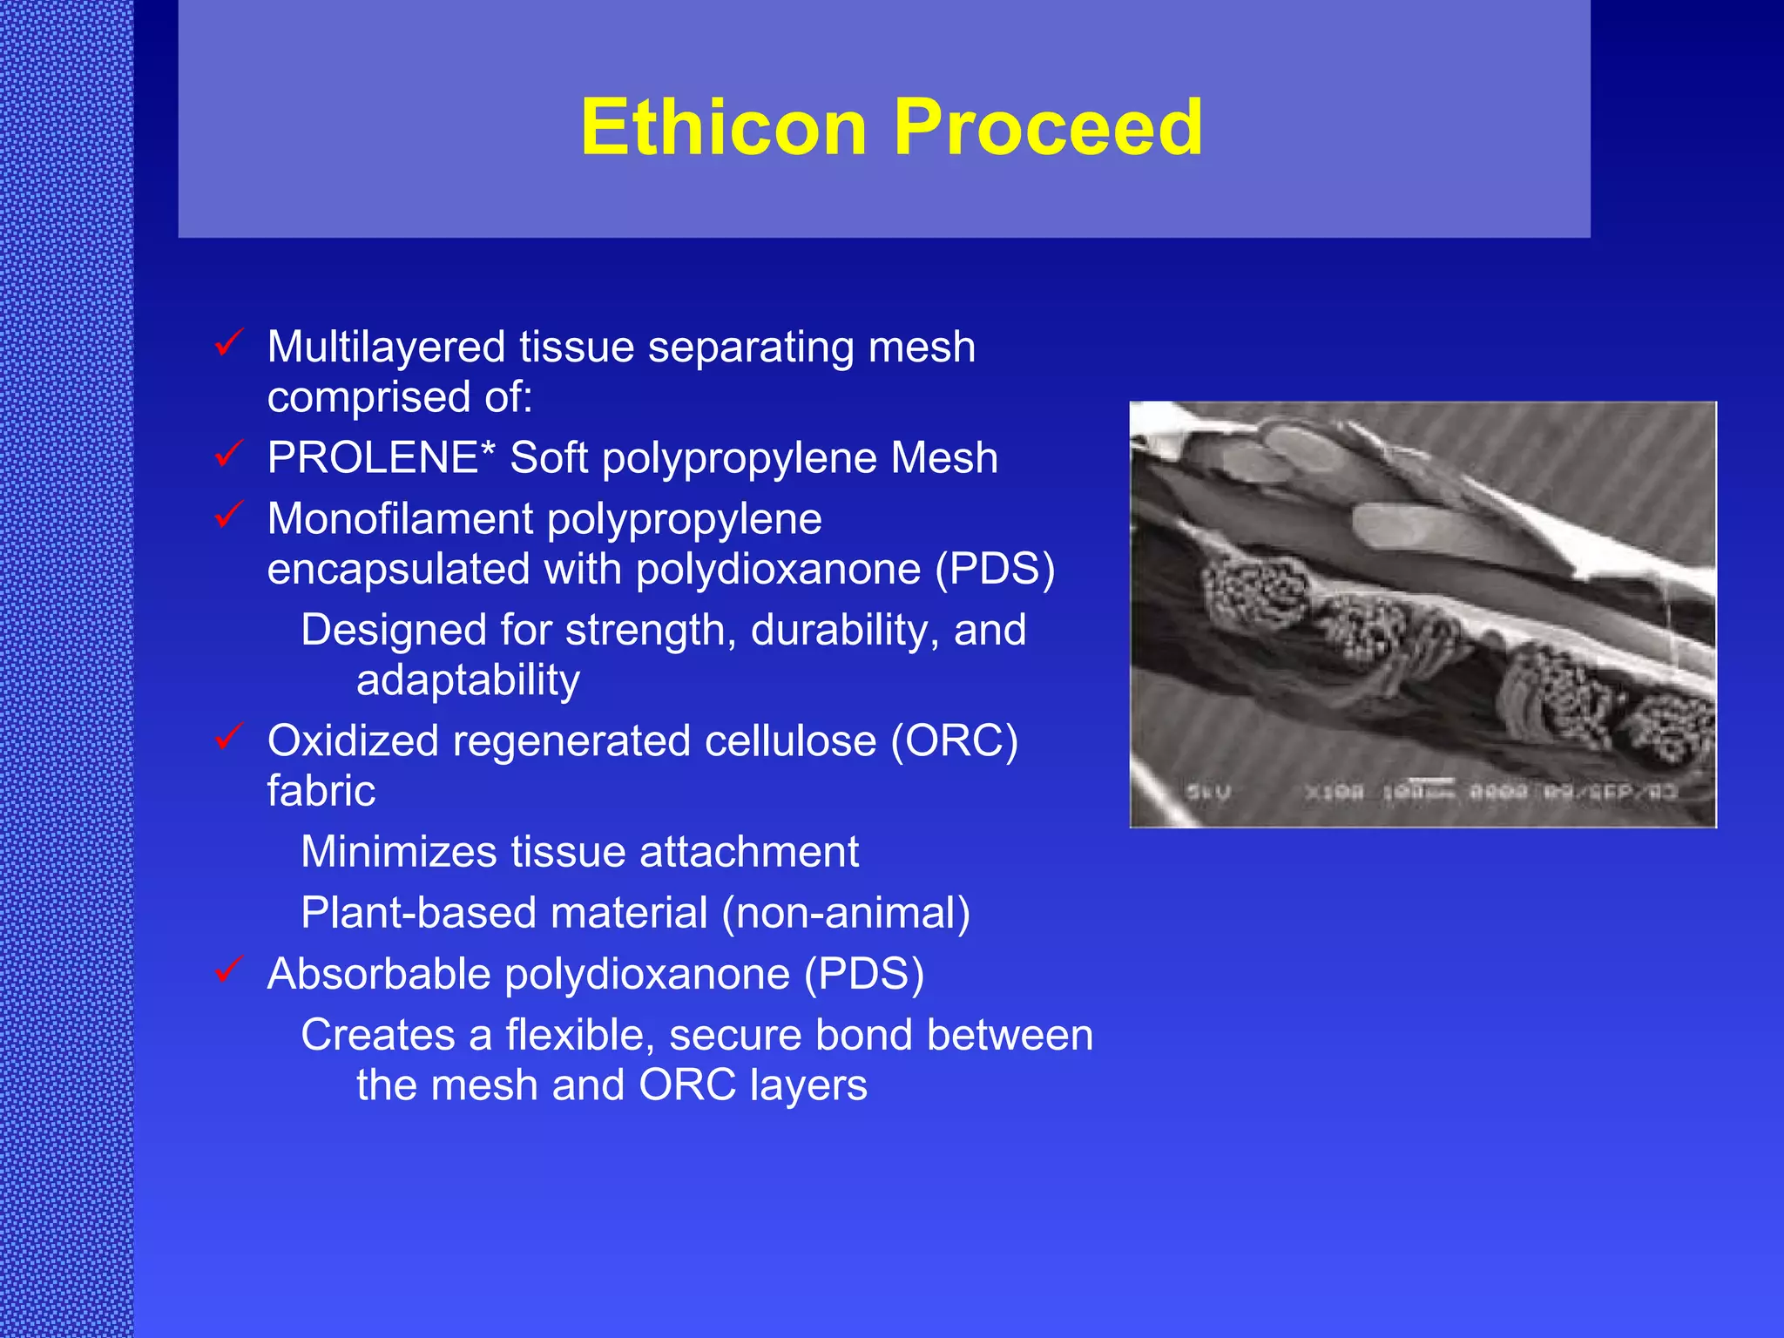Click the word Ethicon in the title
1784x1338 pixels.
pos(723,128)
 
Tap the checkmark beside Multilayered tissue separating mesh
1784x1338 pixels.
pos(229,343)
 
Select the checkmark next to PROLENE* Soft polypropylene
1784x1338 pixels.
pos(229,454)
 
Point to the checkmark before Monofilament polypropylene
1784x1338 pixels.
pos(229,515)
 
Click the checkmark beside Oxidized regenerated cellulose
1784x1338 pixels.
pos(229,737)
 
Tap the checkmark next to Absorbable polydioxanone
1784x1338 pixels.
pos(229,970)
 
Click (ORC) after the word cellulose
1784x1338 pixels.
pos(954,742)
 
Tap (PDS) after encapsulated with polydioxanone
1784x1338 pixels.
pos(995,570)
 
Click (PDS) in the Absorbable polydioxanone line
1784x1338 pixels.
pos(863,974)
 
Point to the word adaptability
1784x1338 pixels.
pos(468,681)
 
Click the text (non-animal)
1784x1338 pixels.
pos(845,914)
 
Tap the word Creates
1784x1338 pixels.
pos(378,1036)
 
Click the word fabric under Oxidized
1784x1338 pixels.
pos(321,791)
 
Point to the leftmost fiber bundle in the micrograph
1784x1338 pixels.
pos(1257,592)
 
